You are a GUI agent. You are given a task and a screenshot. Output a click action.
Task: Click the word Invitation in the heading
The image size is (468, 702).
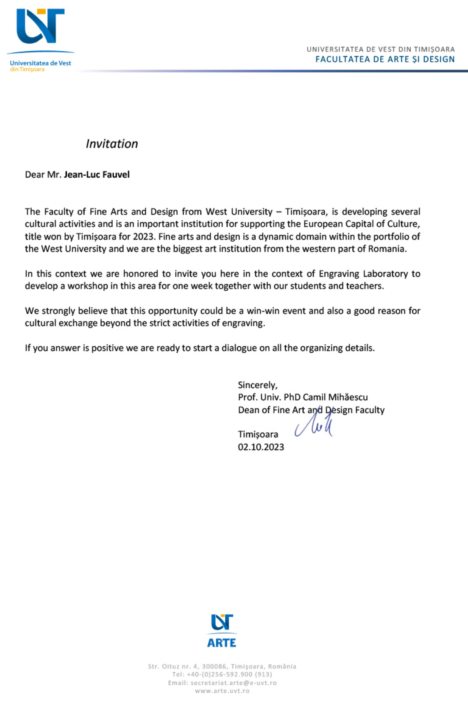[x=112, y=144]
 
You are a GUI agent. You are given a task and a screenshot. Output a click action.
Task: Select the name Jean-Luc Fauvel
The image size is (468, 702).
[x=97, y=175]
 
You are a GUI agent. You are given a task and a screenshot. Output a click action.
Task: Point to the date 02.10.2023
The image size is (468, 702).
[x=261, y=447]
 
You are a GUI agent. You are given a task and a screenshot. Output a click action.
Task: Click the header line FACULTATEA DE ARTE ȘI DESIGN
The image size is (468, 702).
[x=385, y=59]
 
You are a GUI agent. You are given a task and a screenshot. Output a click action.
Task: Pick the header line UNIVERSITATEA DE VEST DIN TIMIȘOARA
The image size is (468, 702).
[x=381, y=49]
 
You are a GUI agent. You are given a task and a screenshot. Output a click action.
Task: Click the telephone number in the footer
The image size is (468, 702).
[x=229, y=675]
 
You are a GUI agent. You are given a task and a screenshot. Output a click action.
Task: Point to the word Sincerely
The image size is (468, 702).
[x=257, y=385]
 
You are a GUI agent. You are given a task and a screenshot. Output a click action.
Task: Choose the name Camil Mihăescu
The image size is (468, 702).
[x=335, y=397]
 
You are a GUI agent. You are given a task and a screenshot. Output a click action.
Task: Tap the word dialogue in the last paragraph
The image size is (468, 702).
[x=239, y=348]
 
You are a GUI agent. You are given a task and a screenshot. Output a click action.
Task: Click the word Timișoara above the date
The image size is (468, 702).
[x=258, y=434]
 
